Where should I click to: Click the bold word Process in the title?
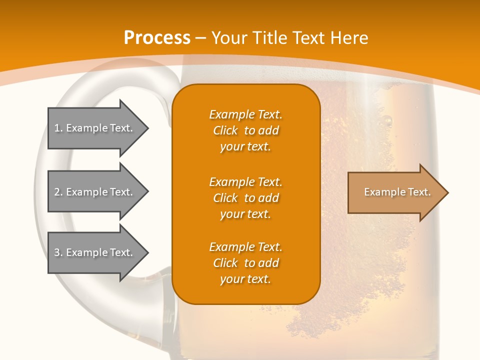coord(157,38)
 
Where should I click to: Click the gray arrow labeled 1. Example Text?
coord(95,128)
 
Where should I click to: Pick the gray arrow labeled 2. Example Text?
coord(95,192)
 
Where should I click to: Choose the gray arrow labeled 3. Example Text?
coord(95,252)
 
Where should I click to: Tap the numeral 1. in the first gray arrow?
coord(58,128)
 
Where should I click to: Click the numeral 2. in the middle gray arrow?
coord(58,192)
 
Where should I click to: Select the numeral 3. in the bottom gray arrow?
coord(58,252)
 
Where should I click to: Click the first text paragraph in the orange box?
coord(245,130)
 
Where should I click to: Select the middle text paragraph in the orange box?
coord(245,198)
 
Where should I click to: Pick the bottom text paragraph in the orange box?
coord(245,263)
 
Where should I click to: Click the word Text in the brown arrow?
coord(419,192)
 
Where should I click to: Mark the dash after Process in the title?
coord(200,38)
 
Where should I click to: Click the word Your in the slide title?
coord(229,38)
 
